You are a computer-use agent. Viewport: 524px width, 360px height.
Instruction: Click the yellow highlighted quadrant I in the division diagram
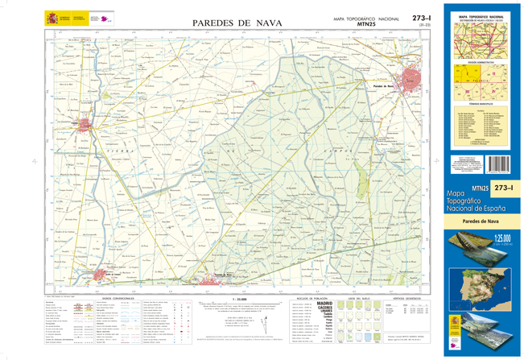point(468,73)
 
